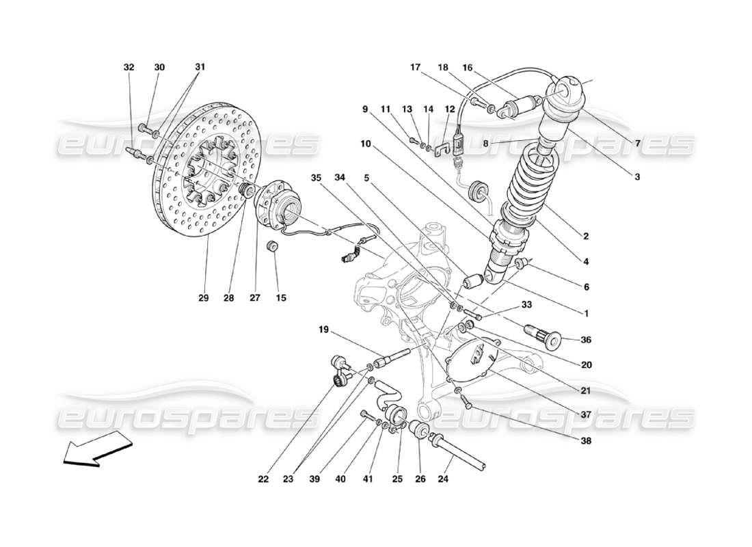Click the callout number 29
(x=203, y=298)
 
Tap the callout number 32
(x=129, y=68)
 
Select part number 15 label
(x=281, y=298)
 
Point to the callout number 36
(x=586, y=340)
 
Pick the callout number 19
(x=323, y=330)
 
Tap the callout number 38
(x=586, y=441)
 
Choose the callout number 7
(x=637, y=144)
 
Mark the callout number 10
(x=365, y=144)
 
